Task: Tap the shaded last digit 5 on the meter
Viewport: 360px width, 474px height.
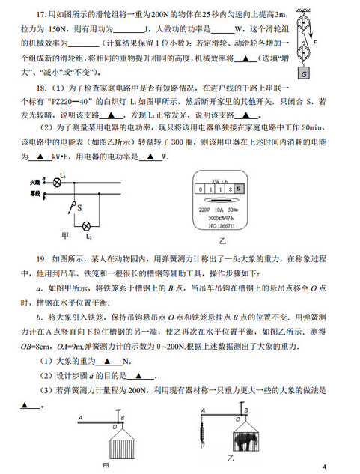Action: coord(239,192)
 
